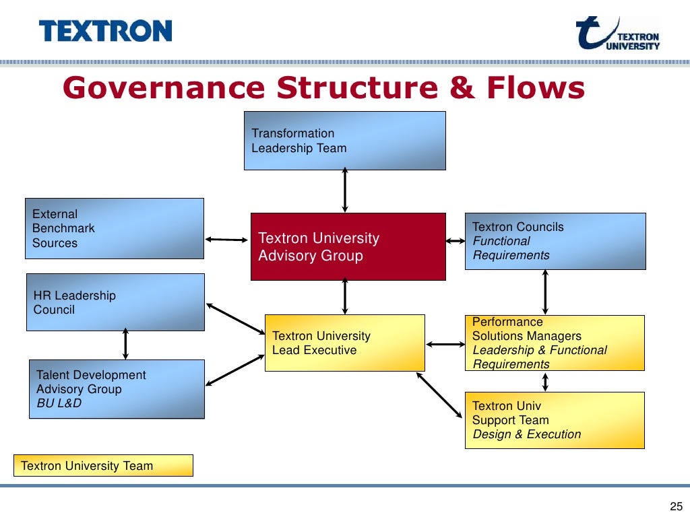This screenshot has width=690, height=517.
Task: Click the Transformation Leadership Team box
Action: (344, 140)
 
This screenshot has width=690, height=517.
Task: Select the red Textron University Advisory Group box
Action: (348, 246)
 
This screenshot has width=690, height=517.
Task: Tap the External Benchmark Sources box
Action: (115, 228)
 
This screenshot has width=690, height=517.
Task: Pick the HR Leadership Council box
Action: (115, 302)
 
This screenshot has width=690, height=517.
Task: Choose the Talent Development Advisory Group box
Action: (117, 388)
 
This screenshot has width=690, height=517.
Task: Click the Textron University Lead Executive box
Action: (344, 343)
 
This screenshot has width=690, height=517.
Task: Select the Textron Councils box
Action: (555, 241)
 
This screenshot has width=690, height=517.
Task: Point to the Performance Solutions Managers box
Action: (555, 343)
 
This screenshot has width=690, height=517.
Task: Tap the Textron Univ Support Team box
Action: (555, 420)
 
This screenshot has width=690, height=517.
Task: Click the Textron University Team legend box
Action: (103, 465)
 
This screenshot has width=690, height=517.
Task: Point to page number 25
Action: (676, 507)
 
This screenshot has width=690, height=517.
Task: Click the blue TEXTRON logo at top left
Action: (105, 31)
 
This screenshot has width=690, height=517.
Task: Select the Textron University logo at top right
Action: (617, 34)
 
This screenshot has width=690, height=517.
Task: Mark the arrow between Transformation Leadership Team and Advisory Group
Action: (345, 191)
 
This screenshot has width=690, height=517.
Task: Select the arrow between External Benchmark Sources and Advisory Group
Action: (227, 239)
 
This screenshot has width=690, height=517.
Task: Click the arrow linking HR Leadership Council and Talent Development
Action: (125, 345)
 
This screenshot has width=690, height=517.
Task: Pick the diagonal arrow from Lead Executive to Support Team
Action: (440, 395)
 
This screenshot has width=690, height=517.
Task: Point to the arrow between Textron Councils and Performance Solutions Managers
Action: (545, 292)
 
